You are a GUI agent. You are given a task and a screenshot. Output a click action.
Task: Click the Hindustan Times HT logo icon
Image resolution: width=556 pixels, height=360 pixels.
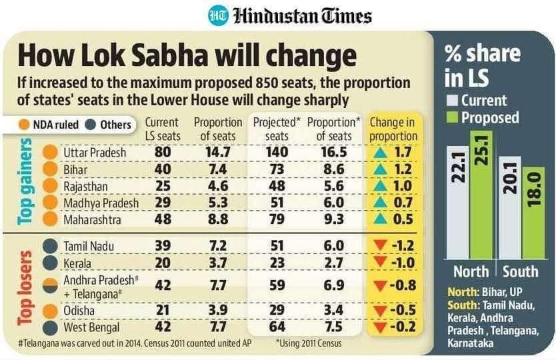tap(217, 15)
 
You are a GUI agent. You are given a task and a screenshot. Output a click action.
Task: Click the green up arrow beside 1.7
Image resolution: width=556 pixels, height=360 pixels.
tap(381, 153)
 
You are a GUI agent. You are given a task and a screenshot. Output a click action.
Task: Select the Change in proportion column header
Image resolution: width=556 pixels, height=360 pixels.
tap(393, 129)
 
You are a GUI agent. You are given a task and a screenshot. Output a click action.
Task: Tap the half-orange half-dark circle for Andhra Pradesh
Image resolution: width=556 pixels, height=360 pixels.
tap(49, 285)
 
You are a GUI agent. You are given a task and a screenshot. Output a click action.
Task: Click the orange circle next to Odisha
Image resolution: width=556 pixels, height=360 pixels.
tap(49, 311)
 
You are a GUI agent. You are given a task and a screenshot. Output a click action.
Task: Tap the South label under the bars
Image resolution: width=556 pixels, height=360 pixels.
tap(520, 272)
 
